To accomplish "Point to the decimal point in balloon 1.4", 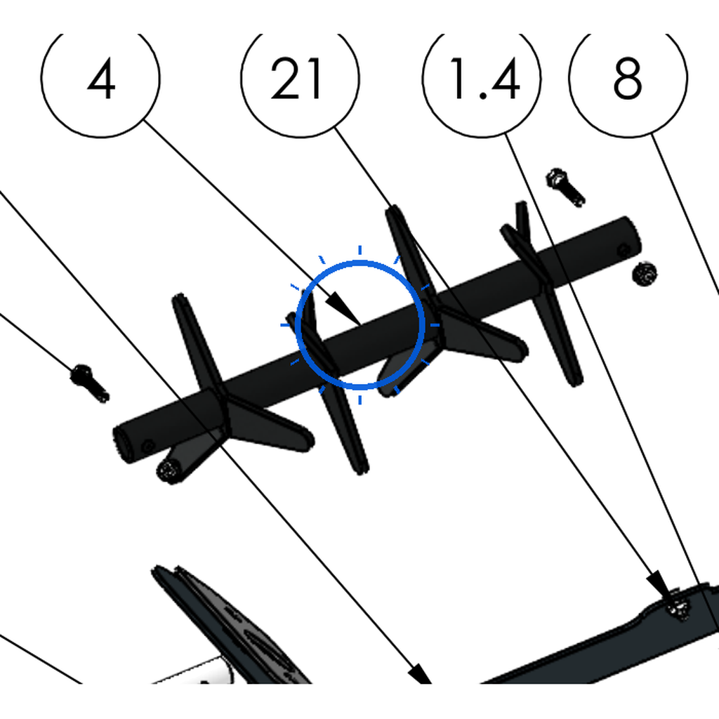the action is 483,95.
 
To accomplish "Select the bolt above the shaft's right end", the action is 565,187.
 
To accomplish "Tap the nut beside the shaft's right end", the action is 645,274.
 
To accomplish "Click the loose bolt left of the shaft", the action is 89,383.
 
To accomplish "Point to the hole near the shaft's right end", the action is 624,251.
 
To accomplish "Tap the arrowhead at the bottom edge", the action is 420,674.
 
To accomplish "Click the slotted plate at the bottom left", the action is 230,624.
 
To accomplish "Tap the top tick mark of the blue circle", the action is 360,250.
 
